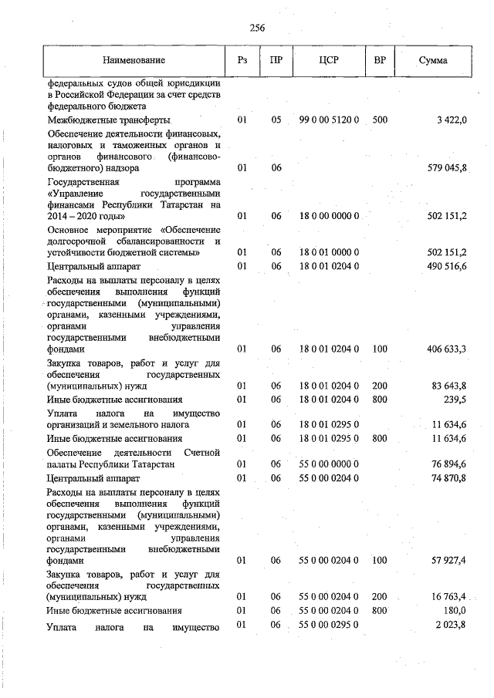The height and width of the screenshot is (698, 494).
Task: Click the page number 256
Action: tap(257, 29)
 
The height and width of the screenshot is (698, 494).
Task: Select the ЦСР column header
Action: tap(329, 59)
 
